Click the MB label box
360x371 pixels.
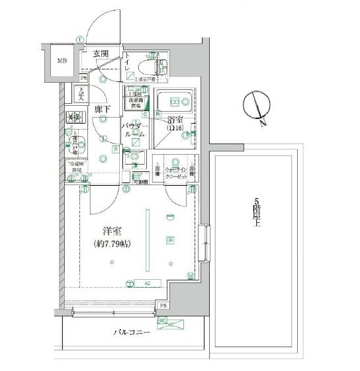tap(61, 62)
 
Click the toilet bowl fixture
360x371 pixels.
tap(163, 66)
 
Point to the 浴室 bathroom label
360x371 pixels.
tap(175, 121)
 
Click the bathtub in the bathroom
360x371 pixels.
tap(175, 103)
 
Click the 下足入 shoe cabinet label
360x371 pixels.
tap(81, 94)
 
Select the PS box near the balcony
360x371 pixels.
tap(163, 306)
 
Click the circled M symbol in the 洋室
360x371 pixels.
tap(191, 275)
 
